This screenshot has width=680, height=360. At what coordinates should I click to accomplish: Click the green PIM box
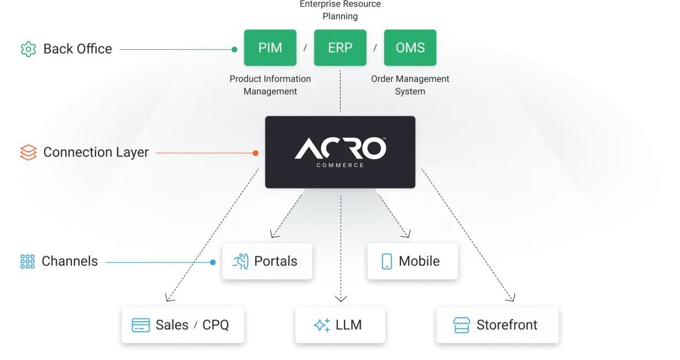tap(270, 48)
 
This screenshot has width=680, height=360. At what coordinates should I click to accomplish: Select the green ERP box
tap(340, 48)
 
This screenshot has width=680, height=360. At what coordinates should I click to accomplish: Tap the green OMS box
tap(410, 48)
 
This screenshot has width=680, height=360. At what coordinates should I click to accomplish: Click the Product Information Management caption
tap(270, 85)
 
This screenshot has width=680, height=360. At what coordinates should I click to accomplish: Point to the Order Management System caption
tap(410, 85)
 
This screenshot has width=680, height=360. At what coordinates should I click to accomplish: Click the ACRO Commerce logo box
tap(340, 152)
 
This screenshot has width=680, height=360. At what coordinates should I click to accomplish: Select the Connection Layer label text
tap(96, 152)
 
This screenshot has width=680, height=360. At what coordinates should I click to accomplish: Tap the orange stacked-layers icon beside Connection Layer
tap(28, 152)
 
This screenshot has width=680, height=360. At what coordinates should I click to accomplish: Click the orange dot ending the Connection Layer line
tap(255, 153)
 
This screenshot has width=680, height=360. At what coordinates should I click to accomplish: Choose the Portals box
tap(268, 261)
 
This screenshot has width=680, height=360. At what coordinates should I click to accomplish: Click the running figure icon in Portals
tap(240, 261)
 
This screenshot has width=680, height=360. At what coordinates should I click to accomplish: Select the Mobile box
tap(413, 261)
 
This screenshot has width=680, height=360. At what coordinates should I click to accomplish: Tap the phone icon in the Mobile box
tap(387, 261)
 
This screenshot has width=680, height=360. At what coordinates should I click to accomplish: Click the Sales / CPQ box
tap(182, 325)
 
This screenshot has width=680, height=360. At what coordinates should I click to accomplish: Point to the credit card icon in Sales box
tap(140, 325)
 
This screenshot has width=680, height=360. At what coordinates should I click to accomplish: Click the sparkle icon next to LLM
tap(322, 325)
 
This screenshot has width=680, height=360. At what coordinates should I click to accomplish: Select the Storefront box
tap(497, 325)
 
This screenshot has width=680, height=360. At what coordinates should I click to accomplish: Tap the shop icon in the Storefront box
tap(461, 325)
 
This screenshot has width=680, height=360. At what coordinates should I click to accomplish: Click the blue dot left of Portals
tap(213, 262)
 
